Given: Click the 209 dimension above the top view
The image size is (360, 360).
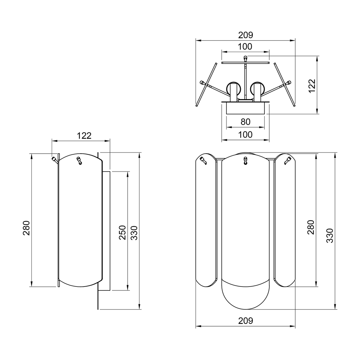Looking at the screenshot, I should coord(245,35).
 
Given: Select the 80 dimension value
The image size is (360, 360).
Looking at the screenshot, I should coord(245,122).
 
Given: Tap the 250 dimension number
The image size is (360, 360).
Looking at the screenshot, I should coord(122,232).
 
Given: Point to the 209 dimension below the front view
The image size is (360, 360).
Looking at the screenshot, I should coord(245,321).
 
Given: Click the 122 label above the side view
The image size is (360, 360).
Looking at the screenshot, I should coord(84,136).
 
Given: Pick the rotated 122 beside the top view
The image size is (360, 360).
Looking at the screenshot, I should coord(312,86).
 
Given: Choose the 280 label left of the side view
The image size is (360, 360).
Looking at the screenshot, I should coord(27,228).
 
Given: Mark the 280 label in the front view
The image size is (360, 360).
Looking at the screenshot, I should coord(310,227).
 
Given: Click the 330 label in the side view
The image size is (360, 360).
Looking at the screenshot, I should coord(134,232).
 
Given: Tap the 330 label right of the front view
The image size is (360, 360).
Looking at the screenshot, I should coord(329,235).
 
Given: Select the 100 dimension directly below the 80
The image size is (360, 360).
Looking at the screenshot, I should coord(245,135).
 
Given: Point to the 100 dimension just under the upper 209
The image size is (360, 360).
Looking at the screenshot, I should coord(245,46).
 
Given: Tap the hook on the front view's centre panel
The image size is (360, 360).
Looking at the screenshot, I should coord(245,161).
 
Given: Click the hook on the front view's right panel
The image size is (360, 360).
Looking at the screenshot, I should coord(287,161).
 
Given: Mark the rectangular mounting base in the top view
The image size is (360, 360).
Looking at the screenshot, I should coord(245,108).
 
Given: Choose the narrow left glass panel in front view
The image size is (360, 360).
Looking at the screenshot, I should coord(206,221).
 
